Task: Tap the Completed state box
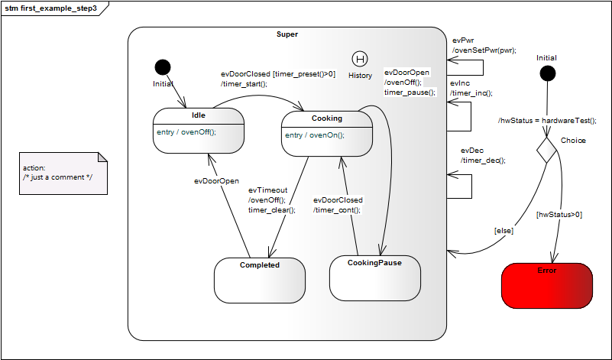260,279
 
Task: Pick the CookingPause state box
374,277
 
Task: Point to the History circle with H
360,59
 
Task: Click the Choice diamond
547,149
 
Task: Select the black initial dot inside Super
163,67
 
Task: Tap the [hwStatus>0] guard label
559,215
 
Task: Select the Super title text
287,34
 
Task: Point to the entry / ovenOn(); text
315,135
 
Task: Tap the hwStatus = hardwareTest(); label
547,121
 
